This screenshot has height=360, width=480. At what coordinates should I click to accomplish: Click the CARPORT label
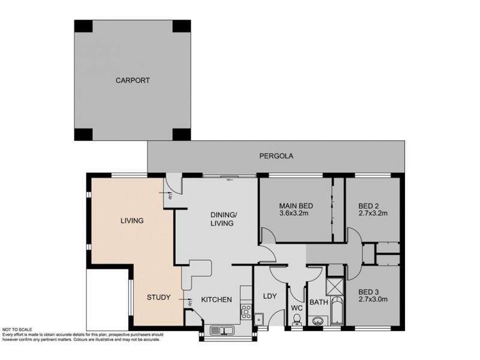click(133, 80)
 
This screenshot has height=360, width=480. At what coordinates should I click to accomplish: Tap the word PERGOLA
click(276, 157)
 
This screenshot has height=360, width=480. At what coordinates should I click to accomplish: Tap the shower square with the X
click(335, 286)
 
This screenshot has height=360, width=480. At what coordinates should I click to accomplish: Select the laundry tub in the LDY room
click(259, 319)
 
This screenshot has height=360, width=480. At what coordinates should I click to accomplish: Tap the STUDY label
click(159, 297)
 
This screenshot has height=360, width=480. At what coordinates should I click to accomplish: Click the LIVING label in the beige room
click(131, 220)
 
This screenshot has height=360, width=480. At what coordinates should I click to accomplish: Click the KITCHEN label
click(216, 299)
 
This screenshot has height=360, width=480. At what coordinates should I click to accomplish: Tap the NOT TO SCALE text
click(19, 329)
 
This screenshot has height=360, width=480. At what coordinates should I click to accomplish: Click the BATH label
click(318, 302)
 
